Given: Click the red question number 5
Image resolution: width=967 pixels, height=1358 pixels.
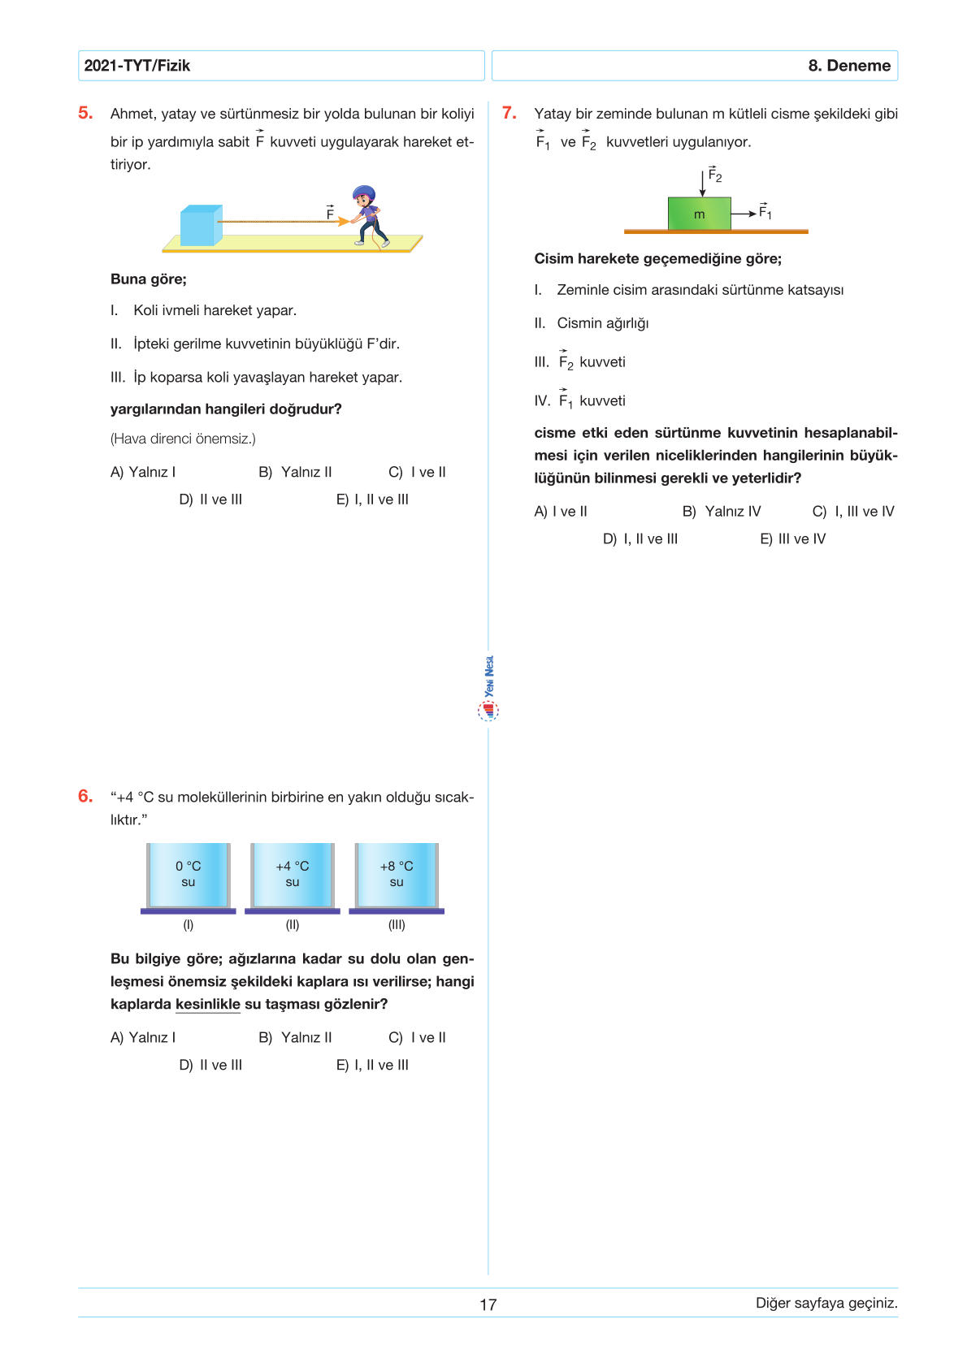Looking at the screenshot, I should pos(85,113).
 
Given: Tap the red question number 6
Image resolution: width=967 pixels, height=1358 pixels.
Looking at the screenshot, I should pos(85,796).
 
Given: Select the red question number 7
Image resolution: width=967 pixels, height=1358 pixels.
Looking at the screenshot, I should pos(510,113).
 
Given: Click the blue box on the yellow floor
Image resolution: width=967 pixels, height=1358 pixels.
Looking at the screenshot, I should pos(200,225).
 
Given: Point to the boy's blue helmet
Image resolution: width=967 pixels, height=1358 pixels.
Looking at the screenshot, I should pos(363,194).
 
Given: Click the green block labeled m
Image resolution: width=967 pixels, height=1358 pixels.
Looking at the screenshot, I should pos(699,214).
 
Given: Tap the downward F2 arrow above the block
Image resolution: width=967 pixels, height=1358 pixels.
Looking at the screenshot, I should pos(703,183).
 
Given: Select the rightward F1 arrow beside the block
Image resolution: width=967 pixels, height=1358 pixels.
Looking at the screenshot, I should pos(744,214).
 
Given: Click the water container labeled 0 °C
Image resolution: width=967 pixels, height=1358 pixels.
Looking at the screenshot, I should pos(189,875).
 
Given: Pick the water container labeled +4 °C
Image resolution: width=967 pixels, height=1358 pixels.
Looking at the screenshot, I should pos(293,875).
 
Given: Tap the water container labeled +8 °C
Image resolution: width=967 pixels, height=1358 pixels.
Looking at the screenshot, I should pos(397,875).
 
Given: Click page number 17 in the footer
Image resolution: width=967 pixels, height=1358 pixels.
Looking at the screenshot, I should pos(488,1304).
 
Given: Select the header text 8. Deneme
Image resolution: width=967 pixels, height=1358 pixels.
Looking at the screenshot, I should pos(849,66).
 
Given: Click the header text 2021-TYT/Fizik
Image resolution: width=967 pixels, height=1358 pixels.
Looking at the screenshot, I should pos(137,66).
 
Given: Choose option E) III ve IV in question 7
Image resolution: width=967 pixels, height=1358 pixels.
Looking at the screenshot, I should pos(792,538).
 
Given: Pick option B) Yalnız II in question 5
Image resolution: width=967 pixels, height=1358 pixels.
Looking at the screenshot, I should pos(295,472).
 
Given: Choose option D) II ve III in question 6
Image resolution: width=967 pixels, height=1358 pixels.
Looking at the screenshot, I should pos(210,1065).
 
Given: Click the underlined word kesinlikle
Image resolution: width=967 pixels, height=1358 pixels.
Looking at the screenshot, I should pos(207,1004).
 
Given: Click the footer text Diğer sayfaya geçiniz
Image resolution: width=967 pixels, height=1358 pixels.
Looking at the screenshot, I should pos(826,1303).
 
